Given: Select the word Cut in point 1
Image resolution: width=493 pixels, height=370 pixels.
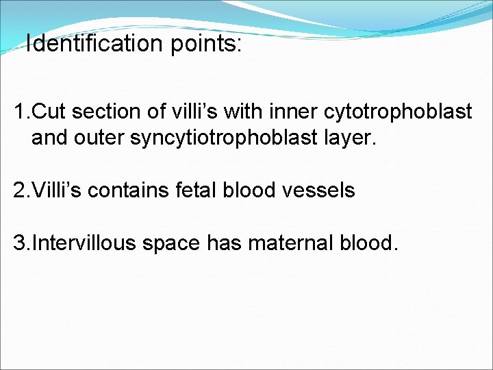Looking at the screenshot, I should [47, 112].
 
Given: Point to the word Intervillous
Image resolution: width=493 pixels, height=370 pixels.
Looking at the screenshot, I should [81, 243].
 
